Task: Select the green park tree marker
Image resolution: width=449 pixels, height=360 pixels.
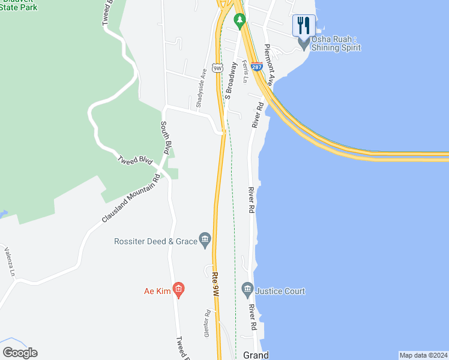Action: click(x=240, y=22)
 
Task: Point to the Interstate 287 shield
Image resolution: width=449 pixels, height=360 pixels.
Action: click(x=256, y=68)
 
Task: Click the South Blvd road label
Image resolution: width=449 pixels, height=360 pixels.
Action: click(x=167, y=137)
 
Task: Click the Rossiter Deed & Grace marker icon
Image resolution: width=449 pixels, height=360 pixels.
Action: click(x=205, y=240)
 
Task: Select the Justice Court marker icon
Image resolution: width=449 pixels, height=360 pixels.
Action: click(x=247, y=291)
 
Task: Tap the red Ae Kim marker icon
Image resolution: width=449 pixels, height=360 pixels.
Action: click(x=178, y=291)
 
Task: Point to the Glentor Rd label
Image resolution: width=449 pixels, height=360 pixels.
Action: click(x=207, y=323)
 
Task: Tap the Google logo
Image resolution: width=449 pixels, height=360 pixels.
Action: click(x=19, y=353)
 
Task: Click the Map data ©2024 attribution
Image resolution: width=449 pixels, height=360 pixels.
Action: click(x=424, y=355)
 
